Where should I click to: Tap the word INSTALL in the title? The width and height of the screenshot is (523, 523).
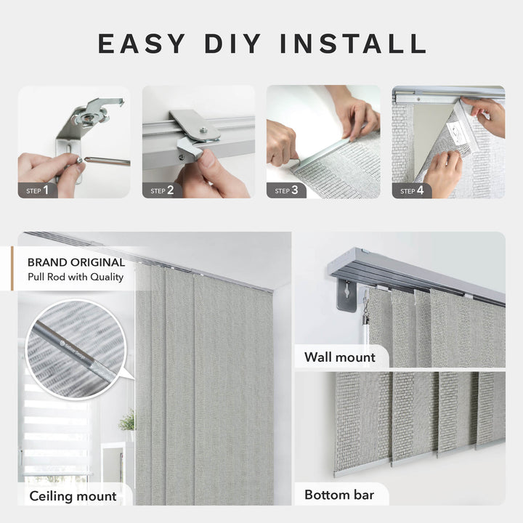tap(355, 44)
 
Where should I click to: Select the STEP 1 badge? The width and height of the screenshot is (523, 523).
tap(38, 190)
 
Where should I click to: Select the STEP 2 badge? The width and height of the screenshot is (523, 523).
tap(162, 190)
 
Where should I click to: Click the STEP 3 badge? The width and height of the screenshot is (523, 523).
tap(286, 190)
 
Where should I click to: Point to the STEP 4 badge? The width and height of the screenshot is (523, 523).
tap(412, 190)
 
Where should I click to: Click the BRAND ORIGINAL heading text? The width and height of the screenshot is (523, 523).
tap(76, 262)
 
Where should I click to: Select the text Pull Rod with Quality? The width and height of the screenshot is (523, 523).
tap(76, 277)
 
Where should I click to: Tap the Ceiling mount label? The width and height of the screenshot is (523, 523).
tap(73, 496)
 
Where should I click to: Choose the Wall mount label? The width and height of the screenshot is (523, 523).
tap(339, 357)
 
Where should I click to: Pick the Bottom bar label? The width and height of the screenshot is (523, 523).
tap(338, 495)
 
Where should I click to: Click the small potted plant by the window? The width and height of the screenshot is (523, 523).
tap(127, 422)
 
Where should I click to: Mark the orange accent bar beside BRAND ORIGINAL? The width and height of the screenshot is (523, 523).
tap(12, 269)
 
